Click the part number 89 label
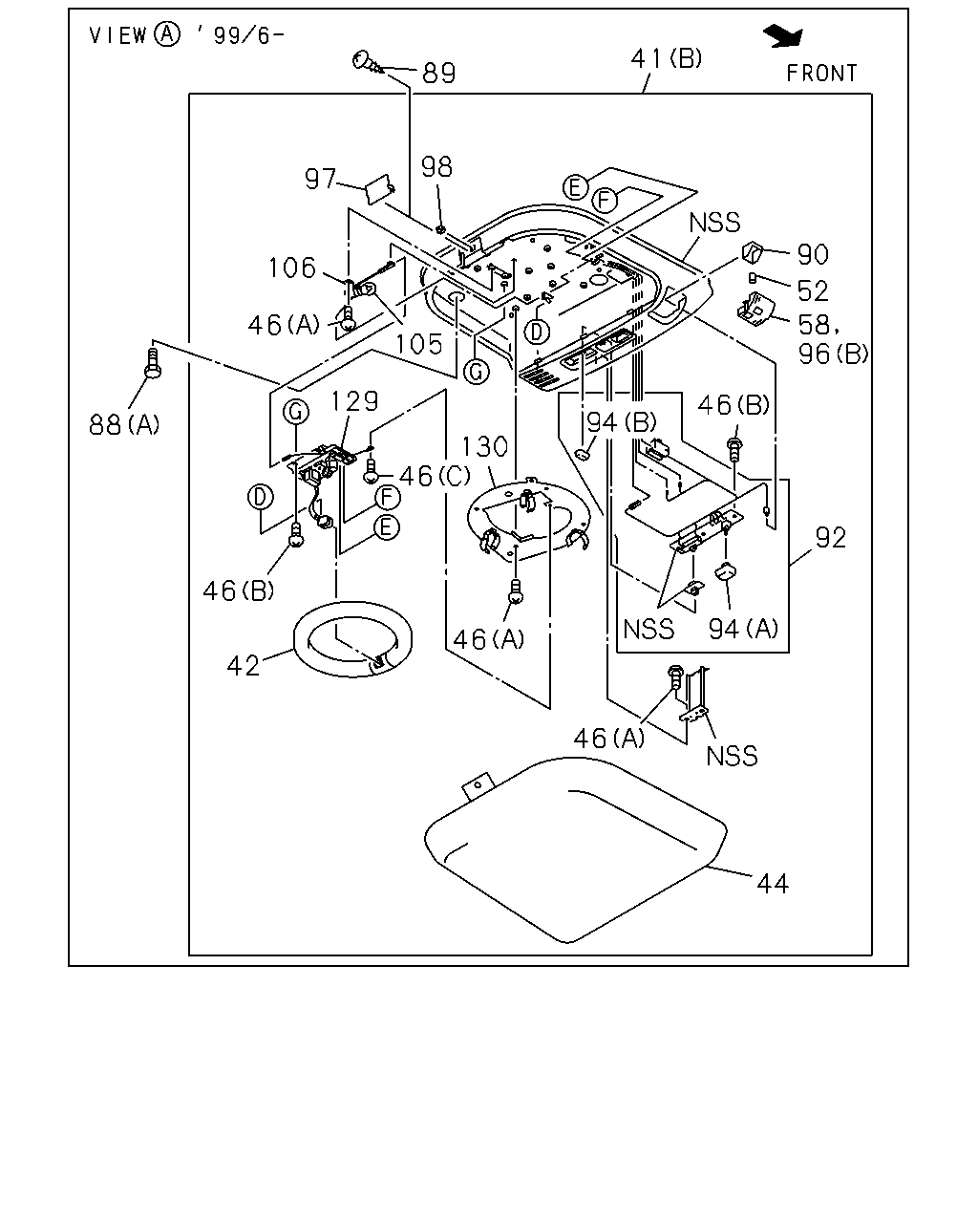[x=438, y=74]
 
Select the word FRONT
[x=821, y=74]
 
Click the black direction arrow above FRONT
[x=784, y=35]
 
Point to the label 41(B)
[x=667, y=58]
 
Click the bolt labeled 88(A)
[x=153, y=362]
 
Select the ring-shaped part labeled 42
[x=352, y=640]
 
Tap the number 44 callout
[x=773, y=884]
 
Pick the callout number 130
[x=484, y=447]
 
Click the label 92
[x=831, y=538]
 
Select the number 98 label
[x=436, y=167]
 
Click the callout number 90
[x=813, y=254]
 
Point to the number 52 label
[x=813, y=291]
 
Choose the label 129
[x=354, y=401]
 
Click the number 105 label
[x=419, y=344]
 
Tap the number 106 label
[x=291, y=268]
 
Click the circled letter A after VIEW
[x=167, y=34]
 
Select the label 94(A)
[x=743, y=629]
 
